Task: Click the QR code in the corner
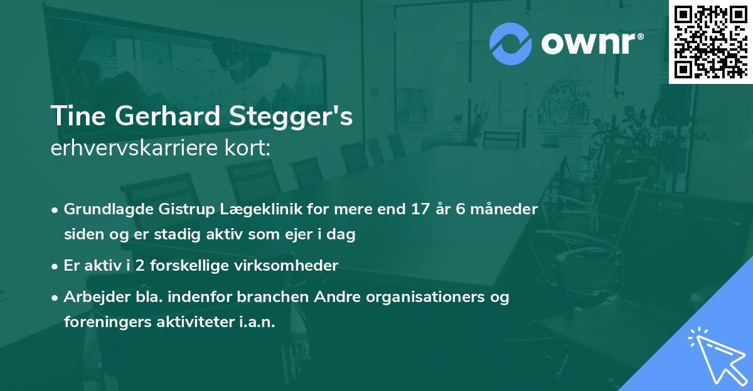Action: [711, 41]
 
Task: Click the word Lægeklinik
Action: [237, 209]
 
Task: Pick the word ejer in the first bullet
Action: [309, 235]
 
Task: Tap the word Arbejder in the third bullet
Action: [92, 297]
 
